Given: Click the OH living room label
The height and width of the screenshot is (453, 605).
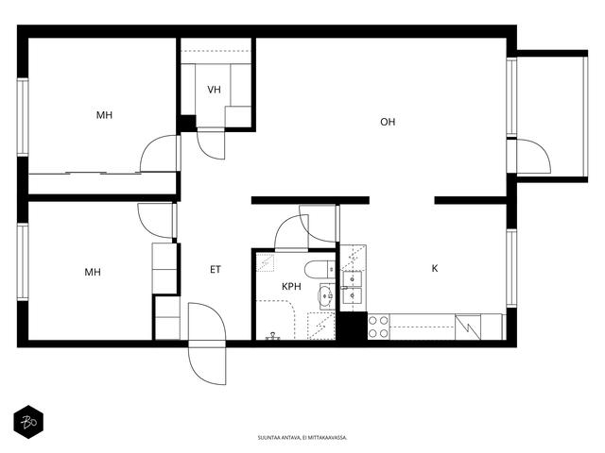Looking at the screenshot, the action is (388, 122).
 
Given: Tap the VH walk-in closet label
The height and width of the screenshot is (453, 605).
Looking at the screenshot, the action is (215, 90).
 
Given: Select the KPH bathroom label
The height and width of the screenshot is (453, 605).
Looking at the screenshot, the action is (291, 286).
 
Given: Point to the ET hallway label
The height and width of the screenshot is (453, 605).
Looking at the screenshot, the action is (216, 269).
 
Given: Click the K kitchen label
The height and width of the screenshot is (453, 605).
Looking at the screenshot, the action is (435, 268).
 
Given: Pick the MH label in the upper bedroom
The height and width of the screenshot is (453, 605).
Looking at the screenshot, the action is (104, 115).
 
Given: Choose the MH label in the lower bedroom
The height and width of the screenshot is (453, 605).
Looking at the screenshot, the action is (93, 272).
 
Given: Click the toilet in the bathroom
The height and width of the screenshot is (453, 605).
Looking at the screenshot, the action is (320, 269).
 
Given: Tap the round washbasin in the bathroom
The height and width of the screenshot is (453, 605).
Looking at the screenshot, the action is (325, 295).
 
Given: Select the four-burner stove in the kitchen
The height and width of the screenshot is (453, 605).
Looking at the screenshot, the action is (378, 327).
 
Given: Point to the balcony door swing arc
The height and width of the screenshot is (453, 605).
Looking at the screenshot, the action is (534, 156).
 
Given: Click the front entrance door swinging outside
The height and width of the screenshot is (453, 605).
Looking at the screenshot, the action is (207, 362).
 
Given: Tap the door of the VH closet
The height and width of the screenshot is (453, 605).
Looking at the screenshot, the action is (211, 145).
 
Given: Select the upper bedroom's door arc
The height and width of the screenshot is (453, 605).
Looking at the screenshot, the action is (159, 153).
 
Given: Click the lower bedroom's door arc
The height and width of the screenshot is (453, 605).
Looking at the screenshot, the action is (156, 220).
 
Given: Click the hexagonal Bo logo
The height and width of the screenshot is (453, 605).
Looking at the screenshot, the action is (28, 422).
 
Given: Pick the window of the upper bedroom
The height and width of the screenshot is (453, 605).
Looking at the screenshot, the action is (23, 117).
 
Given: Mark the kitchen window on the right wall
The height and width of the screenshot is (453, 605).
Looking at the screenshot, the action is (511, 268).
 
